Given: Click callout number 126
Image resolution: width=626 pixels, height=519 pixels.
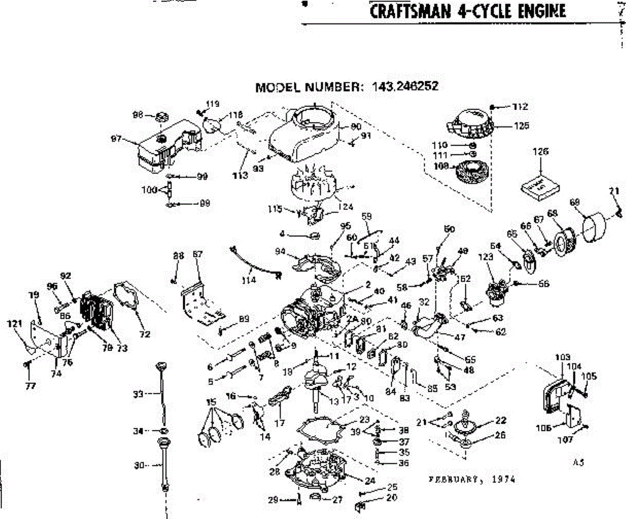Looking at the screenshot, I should tap(541, 152).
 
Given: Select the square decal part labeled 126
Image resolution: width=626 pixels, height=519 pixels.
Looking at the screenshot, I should tap(541, 186).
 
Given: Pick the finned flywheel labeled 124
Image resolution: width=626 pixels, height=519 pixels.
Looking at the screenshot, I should tap(314, 185).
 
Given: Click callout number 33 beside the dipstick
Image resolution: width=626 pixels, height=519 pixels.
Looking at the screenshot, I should tap(138, 394).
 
